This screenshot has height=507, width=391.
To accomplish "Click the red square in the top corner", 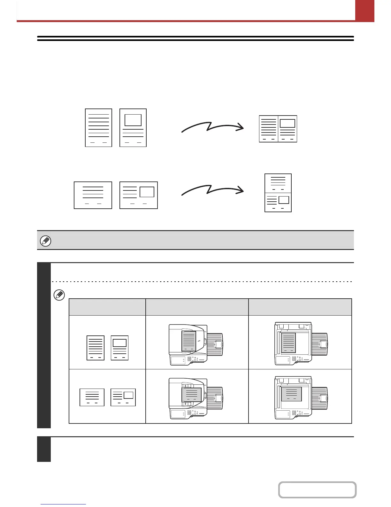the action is click(x=364, y=10).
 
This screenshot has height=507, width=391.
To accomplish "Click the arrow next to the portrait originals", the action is click(x=212, y=127).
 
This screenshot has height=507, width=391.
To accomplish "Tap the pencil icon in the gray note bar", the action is click(x=45, y=241).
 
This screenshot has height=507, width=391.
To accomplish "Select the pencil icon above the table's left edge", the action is click(x=59, y=295).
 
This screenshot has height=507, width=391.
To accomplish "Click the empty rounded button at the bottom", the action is click(x=317, y=490).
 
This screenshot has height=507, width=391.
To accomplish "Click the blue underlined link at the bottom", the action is click(x=63, y=504).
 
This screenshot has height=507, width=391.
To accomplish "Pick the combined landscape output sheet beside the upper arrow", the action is click(x=278, y=129).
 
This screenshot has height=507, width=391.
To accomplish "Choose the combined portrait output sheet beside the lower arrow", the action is click(x=278, y=193).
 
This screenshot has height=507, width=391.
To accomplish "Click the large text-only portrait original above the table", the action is click(x=98, y=128).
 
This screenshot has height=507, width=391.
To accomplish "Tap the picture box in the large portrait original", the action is click(x=133, y=120).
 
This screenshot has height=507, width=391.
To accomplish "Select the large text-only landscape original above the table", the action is click(x=93, y=195).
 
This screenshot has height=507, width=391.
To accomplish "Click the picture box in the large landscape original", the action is click(x=147, y=192).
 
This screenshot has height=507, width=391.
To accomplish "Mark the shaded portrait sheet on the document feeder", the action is click(x=188, y=341).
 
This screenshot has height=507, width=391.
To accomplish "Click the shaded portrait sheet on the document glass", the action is click(x=288, y=342).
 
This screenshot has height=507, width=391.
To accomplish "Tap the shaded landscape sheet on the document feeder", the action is click(x=191, y=395).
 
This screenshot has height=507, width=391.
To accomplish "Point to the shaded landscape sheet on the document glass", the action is click(x=291, y=394).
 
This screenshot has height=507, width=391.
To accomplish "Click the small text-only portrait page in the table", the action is click(x=96, y=348).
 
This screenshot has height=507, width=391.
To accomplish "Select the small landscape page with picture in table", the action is click(x=123, y=397).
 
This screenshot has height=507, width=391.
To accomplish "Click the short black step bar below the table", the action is click(x=44, y=449).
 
